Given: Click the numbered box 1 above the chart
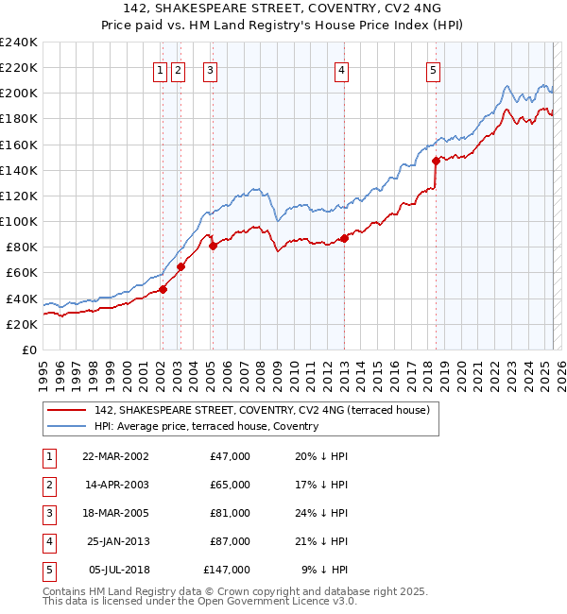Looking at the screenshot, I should click(161, 69).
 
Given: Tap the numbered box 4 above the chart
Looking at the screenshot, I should click(341, 69).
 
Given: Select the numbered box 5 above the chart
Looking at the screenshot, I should click(432, 69).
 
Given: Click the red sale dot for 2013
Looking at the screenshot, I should click(345, 238).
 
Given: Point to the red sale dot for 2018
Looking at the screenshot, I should click(436, 161).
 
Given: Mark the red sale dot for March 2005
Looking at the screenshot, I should click(213, 247).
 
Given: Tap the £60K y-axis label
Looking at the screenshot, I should click(22, 273).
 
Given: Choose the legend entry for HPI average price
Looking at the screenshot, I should click(206, 426).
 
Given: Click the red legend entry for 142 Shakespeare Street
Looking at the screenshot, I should click(262, 410).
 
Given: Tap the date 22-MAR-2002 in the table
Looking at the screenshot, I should click(115, 456).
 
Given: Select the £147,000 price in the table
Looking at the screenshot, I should click(227, 570).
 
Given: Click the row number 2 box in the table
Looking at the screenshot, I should click(47, 485).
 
